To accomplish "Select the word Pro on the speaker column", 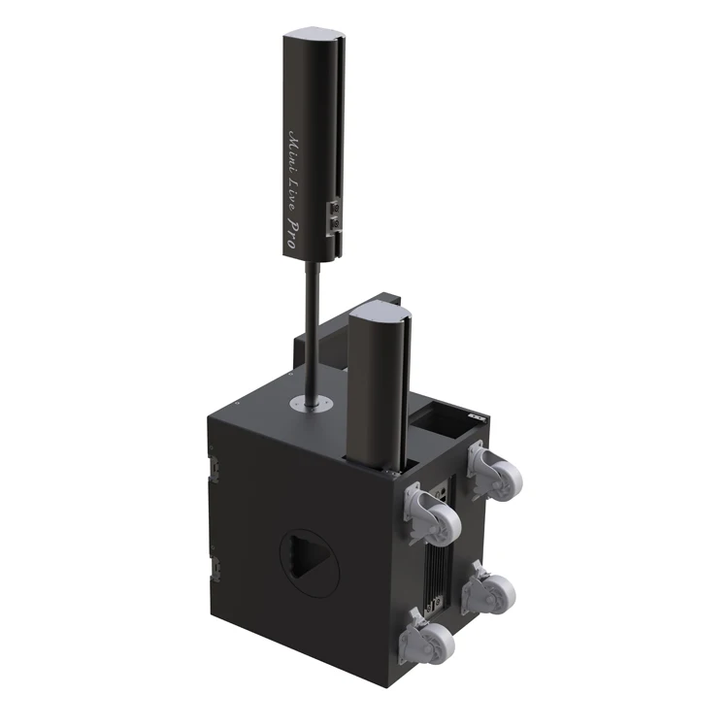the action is pyautogui.click(x=291, y=233).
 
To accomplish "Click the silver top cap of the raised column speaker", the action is pyautogui.click(x=314, y=36).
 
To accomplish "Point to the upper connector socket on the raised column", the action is pyautogui.click(x=335, y=207).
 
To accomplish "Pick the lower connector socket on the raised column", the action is pyautogui.click(x=334, y=225).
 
